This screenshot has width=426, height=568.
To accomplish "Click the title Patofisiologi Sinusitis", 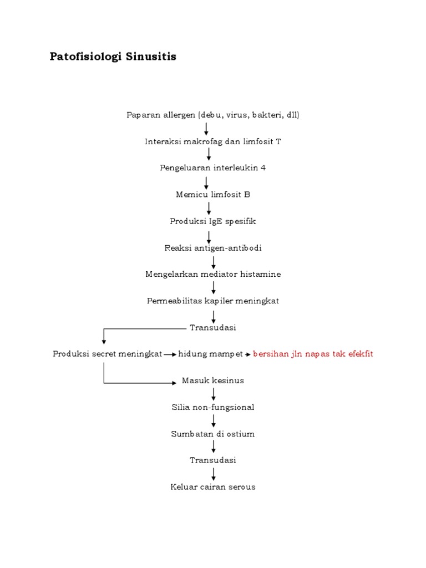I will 113,57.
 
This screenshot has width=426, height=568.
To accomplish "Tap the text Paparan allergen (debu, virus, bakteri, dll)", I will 213,115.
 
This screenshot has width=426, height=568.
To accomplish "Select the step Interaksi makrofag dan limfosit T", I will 213,141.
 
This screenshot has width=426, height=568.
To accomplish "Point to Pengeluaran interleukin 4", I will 213,168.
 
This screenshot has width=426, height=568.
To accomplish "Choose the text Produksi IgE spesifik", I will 213,221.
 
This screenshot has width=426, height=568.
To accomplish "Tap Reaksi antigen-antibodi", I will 213,247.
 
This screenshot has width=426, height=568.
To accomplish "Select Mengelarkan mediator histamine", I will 213,274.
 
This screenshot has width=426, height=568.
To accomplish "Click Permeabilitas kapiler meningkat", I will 213,301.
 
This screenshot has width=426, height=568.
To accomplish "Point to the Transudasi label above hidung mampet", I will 213,327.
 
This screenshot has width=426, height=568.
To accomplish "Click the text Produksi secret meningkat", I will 107,354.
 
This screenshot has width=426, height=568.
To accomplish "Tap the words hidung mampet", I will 210,354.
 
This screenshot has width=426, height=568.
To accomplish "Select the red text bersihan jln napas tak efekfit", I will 313,354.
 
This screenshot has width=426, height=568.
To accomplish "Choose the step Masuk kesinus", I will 213,381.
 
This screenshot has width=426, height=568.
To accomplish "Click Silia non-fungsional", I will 213,407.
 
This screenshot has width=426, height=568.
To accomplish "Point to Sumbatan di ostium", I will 213,434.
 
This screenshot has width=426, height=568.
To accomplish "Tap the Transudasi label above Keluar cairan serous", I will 213,460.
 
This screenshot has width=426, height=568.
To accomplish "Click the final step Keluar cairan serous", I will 213,487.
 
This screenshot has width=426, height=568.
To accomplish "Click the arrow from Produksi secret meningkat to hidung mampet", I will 170,354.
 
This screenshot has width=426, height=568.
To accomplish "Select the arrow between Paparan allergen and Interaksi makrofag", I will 206,128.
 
